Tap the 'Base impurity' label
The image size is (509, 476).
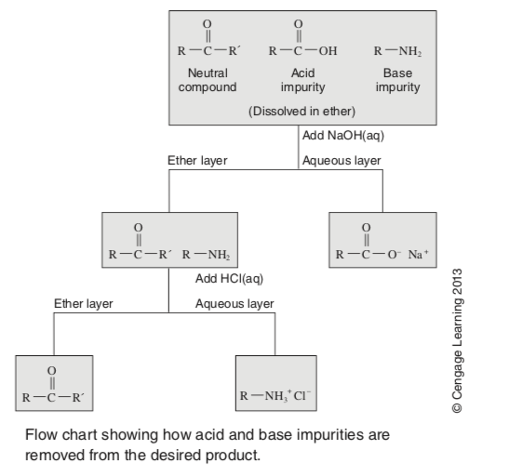click(x=395, y=80)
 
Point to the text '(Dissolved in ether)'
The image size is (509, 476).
click(x=301, y=111)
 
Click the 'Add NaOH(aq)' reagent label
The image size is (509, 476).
click(x=343, y=136)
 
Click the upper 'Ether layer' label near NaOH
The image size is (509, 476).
click(x=197, y=161)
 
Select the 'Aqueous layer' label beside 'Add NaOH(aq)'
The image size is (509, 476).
click(x=342, y=161)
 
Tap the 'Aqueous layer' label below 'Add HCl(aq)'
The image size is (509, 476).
click(x=234, y=304)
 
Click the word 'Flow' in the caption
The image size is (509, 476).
click(x=40, y=435)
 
